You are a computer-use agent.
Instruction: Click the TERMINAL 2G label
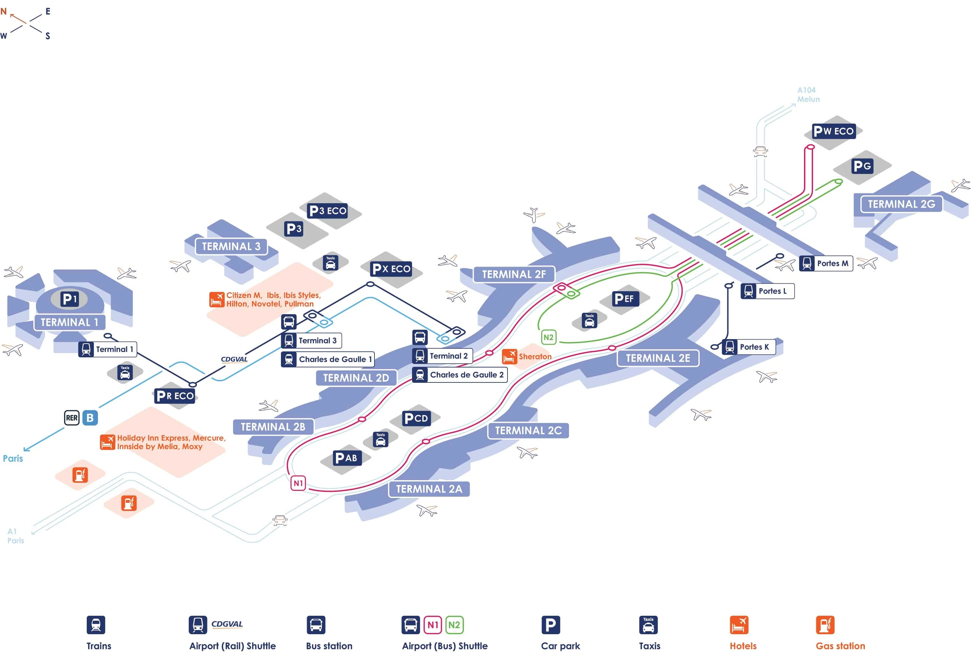point(901,204)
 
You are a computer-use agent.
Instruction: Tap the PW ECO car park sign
point(833,131)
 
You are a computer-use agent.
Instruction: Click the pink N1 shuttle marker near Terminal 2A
point(298,483)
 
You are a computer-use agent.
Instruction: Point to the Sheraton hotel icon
point(509,356)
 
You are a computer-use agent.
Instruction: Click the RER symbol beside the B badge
point(72,417)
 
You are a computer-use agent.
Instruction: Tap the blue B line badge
point(90,417)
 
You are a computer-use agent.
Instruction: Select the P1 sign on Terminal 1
point(70,299)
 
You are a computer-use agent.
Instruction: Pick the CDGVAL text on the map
point(234,359)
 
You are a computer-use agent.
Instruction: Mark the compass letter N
point(4,11)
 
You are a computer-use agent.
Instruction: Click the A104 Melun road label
point(808,95)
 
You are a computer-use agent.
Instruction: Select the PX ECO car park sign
point(391,269)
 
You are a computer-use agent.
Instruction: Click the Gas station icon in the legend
point(825,624)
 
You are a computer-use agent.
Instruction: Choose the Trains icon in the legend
point(96,624)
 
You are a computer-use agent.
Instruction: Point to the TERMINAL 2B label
point(273,426)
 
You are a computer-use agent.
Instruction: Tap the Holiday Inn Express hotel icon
point(107,442)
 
